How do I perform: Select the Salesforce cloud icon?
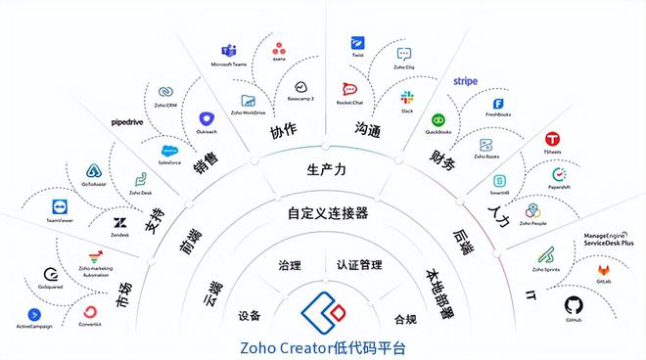[169, 150]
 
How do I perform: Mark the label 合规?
[404, 319]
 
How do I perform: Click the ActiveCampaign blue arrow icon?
[33, 314]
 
